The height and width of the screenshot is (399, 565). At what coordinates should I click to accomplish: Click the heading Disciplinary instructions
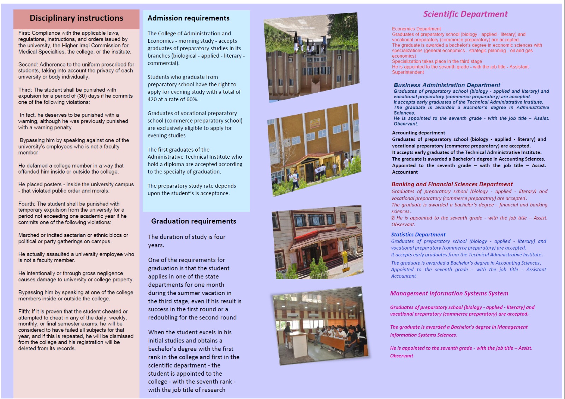tap(76, 18)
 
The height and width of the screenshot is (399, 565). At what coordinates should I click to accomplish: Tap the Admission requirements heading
tap(188, 18)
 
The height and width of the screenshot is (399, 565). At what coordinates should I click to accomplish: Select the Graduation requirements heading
tap(194, 221)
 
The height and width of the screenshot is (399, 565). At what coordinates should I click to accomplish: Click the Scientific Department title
tap(465, 14)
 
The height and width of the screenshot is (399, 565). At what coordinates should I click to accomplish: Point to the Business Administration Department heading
tap(447, 85)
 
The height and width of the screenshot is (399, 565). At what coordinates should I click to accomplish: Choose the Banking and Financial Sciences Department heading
tap(452, 184)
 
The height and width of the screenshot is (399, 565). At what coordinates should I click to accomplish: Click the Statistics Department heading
tap(418, 235)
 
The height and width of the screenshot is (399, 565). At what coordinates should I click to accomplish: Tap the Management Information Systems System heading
tap(449, 293)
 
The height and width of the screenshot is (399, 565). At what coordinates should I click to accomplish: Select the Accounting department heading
tap(418, 133)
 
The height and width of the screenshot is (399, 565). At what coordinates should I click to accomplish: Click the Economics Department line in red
tap(416, 29)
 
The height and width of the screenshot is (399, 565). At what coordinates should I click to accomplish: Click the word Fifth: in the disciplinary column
tap(24, 311)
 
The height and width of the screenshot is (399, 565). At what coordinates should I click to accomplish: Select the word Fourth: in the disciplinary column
tap(27, 204)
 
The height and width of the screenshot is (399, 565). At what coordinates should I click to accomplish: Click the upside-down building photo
tap(311, 57)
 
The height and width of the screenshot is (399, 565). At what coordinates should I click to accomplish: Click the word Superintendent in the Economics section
tap(408, 72)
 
